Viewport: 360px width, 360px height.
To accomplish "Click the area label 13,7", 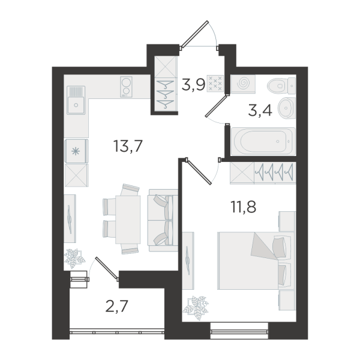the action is [x=128, y=146].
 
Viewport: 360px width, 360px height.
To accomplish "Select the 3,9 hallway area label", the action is [x=193, y=84].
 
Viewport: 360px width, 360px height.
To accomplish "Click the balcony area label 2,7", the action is [x=116, y=306].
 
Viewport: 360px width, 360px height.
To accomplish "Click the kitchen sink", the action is [x=76, y=100].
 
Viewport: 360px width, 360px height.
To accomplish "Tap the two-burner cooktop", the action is [x=126, y=87].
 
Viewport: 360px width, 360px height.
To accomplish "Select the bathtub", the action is [x=263, y=141].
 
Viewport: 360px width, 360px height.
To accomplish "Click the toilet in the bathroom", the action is [x=281, y=86].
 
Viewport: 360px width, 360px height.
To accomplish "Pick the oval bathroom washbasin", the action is [x=287, y=107].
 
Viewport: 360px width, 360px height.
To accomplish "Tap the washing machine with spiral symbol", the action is [x=243, y=84].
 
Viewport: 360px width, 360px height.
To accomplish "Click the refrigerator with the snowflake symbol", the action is [x=76, y=151].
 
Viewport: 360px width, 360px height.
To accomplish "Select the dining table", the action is [x=128, y=220].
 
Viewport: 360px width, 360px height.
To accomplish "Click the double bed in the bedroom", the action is [x=256, y=260].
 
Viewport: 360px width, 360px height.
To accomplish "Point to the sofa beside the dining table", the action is [x=163, y=220].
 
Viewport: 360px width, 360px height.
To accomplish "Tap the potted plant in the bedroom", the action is [x=196, y=307].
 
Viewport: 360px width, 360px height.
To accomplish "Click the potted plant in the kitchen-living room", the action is [x=74, y=258].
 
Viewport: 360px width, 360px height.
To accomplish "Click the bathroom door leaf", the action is [x=216, y=106].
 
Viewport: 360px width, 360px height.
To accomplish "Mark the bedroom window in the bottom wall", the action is [x=239, y=331].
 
